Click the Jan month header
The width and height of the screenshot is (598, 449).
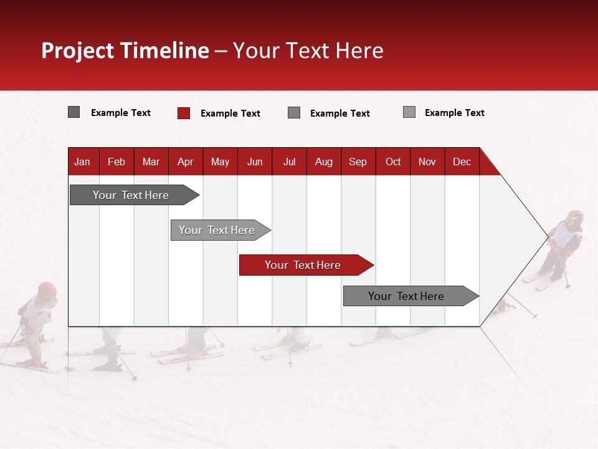(82, 162)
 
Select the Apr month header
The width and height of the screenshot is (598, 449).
(185, 162)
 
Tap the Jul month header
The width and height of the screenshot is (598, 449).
(289, 162)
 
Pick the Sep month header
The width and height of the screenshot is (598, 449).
(358, 162)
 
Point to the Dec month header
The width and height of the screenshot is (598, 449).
(462, 162)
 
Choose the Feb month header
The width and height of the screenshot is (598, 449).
(116, 162)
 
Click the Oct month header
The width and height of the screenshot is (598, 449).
(393, 162)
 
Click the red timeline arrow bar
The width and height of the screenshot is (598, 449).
(305, 265)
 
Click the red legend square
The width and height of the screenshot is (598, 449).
(183, 113)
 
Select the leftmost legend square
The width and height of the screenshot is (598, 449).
(74, 112)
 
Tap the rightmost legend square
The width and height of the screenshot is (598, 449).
(409, 112)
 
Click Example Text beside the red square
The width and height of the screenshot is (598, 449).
(230, 113)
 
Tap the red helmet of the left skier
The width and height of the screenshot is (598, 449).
(47, 289)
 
